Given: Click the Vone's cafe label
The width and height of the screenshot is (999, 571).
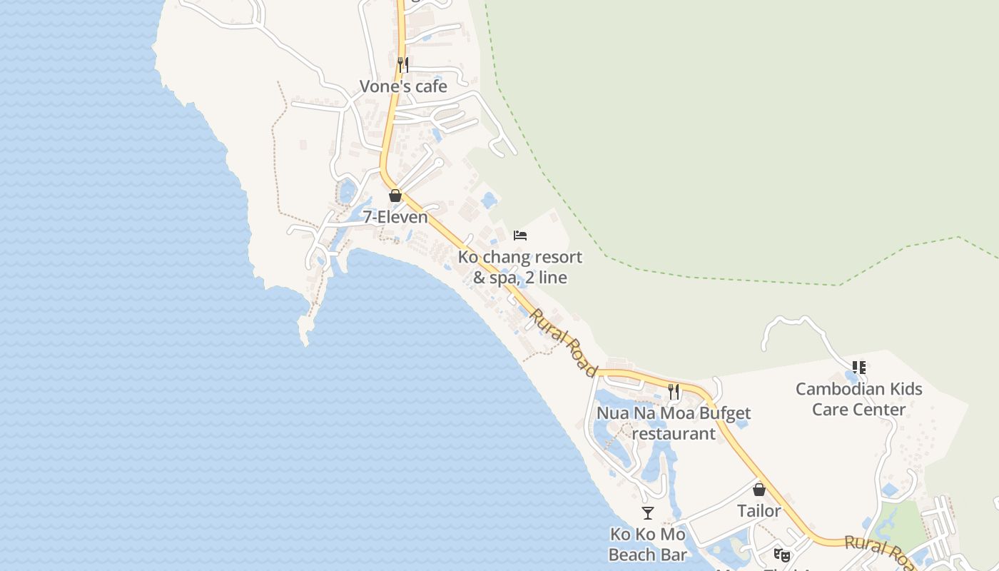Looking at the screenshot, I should pos(403,86).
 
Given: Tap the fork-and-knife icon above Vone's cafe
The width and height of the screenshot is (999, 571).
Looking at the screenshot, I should pos(403,65).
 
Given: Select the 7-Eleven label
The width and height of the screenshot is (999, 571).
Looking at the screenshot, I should pos(395,217).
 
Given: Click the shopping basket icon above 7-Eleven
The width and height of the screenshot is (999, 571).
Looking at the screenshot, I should pos(395,196).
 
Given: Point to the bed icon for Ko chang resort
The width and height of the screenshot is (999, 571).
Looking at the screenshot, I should pos(520,236).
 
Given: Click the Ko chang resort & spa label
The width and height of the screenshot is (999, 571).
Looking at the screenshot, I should pos(520,267).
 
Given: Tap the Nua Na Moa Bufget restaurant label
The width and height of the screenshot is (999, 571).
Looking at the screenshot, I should pos(674,423).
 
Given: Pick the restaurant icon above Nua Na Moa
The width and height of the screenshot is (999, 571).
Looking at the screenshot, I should pos(674,391).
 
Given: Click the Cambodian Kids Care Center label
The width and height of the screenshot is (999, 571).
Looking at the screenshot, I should pos(858,399).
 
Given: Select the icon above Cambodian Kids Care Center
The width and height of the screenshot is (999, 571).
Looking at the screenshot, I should pos(859,368).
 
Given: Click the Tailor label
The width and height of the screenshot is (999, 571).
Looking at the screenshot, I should pos(759,511).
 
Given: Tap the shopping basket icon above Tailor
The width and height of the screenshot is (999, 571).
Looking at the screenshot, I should pos(759,490).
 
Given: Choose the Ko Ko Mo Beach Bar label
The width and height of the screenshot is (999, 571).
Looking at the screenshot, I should pos(648,545).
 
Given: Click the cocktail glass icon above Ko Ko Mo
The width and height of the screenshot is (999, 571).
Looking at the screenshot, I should pos(648,513).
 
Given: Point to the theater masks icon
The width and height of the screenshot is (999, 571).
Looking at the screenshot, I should pos(782,555).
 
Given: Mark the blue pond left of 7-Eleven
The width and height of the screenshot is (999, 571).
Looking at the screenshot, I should pos(348,191).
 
